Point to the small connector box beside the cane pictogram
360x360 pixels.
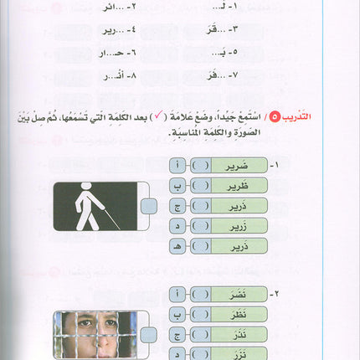[x=148, y=207]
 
